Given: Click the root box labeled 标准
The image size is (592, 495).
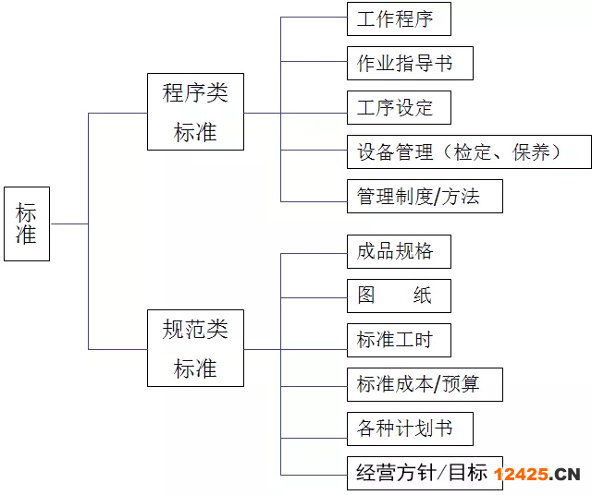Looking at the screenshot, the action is (x=27, y=223).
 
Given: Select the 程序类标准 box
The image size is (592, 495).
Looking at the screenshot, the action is (x=195, y=112).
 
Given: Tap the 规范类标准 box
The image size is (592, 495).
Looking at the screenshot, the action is (x=195, y=348).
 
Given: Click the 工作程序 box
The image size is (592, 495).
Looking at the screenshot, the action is (x=399, y=18).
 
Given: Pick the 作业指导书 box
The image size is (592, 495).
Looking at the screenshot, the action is (x=410, y=64).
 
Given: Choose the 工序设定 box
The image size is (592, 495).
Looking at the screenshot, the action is (x=399, y=107).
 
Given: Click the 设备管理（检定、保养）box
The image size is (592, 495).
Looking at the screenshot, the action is (x=469, y=152).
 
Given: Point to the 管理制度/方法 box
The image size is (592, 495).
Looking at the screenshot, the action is (x=425, y=196).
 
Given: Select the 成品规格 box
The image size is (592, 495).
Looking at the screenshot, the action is (x=399, y=251).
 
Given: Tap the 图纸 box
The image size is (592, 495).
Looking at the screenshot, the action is (x=399, y=296).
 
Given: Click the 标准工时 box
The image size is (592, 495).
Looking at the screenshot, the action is (x=399, y=340).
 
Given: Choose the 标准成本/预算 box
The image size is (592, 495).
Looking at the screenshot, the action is (x=425, y=384).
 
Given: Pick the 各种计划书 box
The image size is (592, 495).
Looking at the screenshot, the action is (x=410, y=429).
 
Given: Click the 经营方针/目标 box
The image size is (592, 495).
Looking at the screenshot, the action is (x=425, y=473).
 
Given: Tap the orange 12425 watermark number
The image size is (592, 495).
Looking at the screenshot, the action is (x=521, y=475).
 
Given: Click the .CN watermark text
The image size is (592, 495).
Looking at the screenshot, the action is (x=564, y=475).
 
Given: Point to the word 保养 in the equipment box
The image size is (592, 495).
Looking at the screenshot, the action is (x=531, y=152).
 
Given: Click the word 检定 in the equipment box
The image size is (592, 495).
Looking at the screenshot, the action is (x=473, y=152).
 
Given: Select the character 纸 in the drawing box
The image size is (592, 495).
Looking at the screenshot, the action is (x=422, y=296).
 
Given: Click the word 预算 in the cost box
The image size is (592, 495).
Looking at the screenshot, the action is (x=461, y=384).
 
